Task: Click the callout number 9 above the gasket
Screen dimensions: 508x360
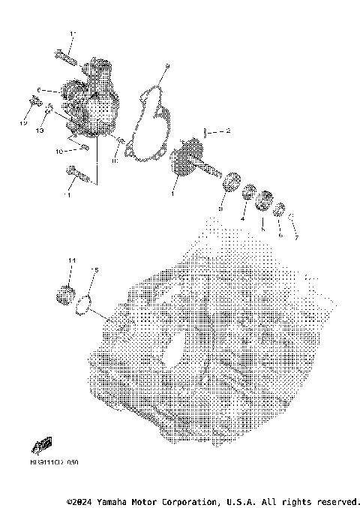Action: click(x=168, y=67)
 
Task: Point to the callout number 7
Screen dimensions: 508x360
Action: click(x=296, y=238)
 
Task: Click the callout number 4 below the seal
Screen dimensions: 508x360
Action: click(x=242, y=218)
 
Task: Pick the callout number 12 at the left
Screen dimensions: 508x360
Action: click(x=23, y=122)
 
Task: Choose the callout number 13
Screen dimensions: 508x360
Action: click(x=40, y=131)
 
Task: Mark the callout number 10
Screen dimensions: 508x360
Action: click(x=58, y=152)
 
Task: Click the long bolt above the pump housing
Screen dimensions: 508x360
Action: click(x=64, y=53)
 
